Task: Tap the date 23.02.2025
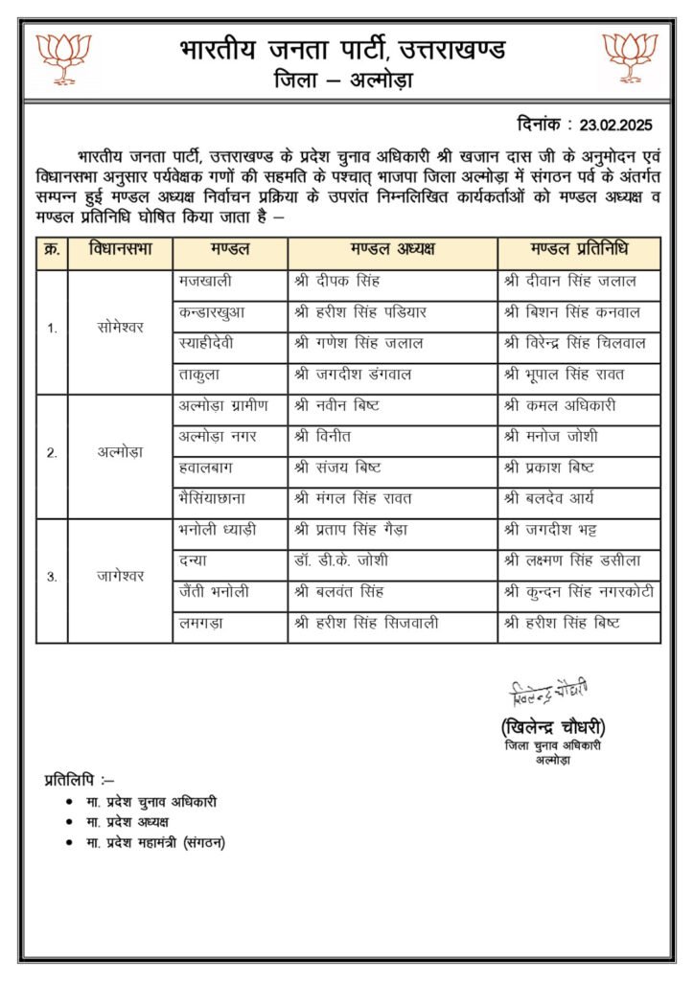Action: (x=623, y=125)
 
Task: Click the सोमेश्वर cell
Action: (x=120, y=329)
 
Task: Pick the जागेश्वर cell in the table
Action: (x=120, y=577)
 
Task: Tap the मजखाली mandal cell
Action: (x=205, y=283)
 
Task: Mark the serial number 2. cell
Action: (x=52, y=452)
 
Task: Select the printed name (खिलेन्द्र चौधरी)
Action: (x=553, y=726)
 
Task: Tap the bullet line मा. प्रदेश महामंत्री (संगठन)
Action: (x=156, y=842)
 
